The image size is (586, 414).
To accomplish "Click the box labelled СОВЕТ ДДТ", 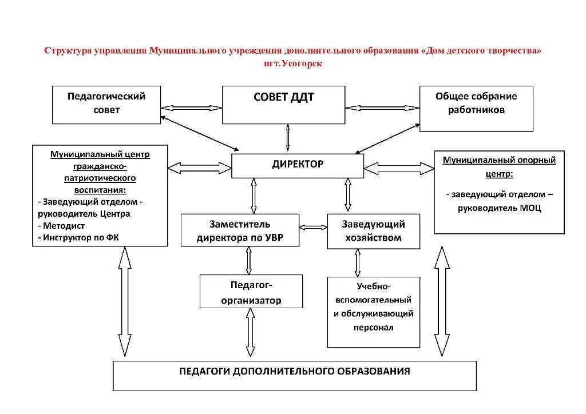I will click(x=283, y=105).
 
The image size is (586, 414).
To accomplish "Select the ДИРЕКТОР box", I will click(x=297, y=165).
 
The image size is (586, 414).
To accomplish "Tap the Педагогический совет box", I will click(x=106, y=104).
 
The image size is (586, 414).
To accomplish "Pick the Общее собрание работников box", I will click(x=476, y=108).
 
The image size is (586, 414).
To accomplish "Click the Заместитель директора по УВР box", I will click(x=240, y=230).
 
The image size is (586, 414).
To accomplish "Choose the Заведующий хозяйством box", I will click(x=373, y=230).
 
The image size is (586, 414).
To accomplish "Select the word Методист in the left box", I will click(x=64, y=225).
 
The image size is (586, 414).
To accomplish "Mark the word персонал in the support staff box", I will click(x=373, y=328).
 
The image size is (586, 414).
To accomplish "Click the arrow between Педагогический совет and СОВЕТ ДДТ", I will click(x=191, y=107).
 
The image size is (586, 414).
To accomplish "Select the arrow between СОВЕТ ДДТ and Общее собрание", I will click(x=382, y=107).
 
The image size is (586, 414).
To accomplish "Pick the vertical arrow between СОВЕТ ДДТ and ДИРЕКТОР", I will click(x=287, y=138).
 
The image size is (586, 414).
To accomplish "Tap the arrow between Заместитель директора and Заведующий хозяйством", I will click(x=313, y=227).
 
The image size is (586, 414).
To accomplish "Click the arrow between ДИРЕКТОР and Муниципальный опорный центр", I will click(x=399, y=168).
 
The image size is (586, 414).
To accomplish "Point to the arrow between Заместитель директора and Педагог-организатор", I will click(x=248, y=260).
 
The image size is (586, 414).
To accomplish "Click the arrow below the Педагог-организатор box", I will click(x=250, y=334).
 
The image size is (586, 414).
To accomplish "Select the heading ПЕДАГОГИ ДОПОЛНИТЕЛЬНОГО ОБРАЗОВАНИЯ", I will click(x=295, y=371).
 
